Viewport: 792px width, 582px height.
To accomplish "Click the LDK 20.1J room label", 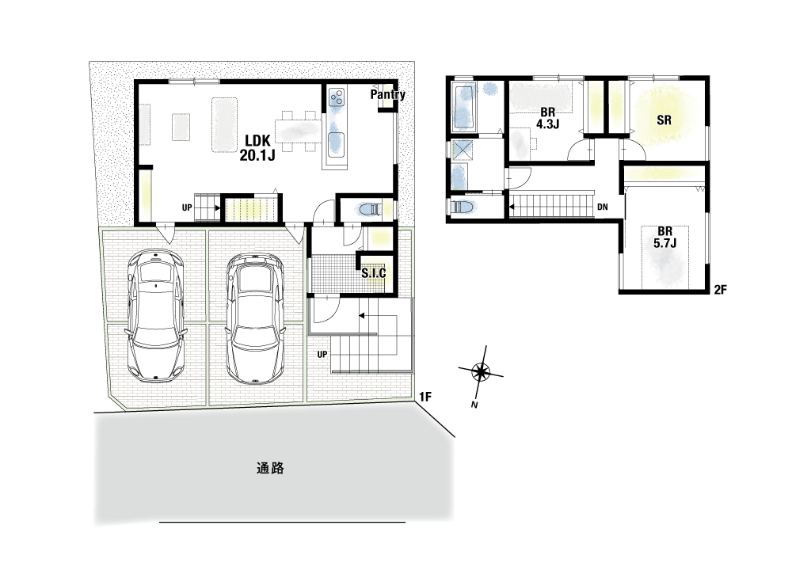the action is [x=257, y=147].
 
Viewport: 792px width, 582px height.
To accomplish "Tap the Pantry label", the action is [x=388, y=94].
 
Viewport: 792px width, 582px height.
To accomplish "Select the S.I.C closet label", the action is [x=374, y=273].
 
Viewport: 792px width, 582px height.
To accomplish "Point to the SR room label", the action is [x=664, y=120].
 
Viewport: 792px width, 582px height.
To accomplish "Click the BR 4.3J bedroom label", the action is [x=547, y=118].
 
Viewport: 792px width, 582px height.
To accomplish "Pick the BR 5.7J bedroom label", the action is [x=664, y=237].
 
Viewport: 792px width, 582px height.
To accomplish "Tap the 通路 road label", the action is [x=270, y=468].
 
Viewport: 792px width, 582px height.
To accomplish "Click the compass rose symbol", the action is [x=481, y=372].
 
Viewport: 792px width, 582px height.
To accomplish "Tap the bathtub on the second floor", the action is [x=464, y=107].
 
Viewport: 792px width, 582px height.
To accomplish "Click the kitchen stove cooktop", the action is [x=337, y=97].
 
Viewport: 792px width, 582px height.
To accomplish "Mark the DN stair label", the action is [x=602, y=207].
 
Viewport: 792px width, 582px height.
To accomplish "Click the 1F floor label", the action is [x=425, y=397].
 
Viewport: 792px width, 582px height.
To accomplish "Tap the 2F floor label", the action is [x=720, y=290].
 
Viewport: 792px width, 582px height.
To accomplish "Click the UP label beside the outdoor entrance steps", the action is [x=322, y=355].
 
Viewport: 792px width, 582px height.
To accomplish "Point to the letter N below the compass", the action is [x=474, y=405].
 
